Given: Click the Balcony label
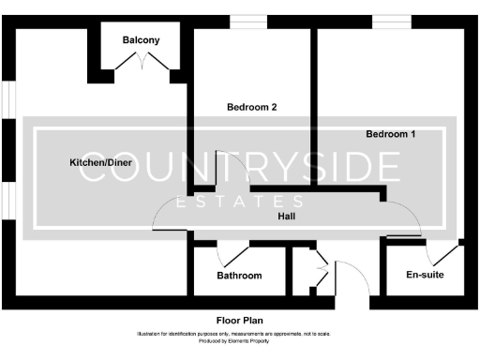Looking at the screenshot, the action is tap(141, 40).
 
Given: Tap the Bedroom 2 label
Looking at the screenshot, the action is tap(252, 107).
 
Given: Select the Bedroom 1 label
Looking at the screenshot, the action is tap(391, 134).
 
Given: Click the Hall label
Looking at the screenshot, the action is tap(288, 217).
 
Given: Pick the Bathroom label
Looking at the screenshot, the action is tap(239, 276).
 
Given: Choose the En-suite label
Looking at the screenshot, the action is tap(425, 275).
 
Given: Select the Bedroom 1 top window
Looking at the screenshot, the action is tap(386, 22).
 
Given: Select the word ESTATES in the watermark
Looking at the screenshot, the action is tap(240, 202).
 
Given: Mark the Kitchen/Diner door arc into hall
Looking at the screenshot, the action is tap(170, 217).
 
